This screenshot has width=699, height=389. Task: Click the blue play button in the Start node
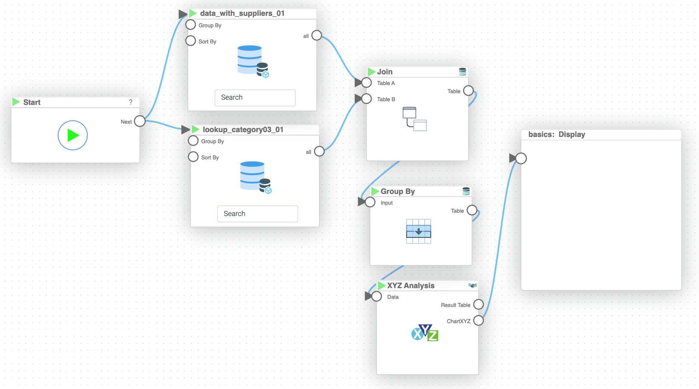(73, 135)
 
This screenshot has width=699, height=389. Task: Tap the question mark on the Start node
(131, 102)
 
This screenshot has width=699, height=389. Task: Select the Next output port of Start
(140, 121)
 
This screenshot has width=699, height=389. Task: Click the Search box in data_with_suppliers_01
(255, 98)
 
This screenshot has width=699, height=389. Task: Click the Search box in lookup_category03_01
(257, 214)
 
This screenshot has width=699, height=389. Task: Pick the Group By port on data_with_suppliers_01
(191, 25)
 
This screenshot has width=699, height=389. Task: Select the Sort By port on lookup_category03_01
(193, 157)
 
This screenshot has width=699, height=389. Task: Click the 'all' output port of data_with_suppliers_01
(317, 35)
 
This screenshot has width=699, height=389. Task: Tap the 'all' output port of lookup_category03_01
(319, 151)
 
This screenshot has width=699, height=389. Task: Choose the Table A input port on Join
(367, 82)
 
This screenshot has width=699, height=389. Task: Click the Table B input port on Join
(367, 99)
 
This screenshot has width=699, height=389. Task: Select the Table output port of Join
(468, 91)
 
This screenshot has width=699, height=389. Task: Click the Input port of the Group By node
(370, 202)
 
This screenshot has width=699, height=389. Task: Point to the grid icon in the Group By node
(419, 231)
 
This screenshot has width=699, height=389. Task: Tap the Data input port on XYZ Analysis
(377, 296)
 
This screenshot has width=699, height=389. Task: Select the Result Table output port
(478, 304)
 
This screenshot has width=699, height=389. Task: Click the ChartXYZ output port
(478, 321)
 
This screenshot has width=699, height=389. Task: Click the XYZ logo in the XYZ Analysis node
(425, 333)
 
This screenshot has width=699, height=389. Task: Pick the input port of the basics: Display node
(521, 158)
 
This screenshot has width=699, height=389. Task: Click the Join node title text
(385, 72)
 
